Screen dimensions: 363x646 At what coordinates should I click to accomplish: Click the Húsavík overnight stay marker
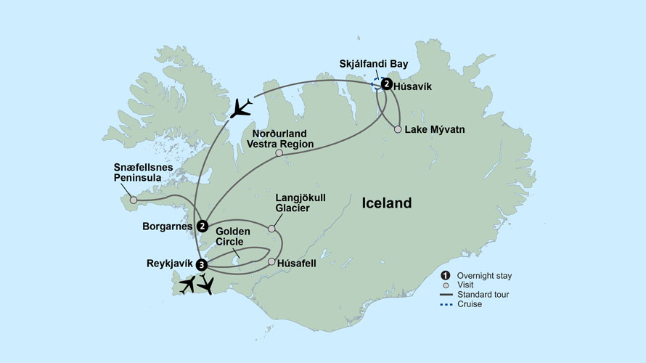[387, 84]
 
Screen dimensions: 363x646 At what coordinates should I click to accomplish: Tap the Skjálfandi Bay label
[374, 64]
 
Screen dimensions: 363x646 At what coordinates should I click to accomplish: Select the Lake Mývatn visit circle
[398, 130]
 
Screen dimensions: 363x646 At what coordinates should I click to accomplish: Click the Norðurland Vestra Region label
[282, 139]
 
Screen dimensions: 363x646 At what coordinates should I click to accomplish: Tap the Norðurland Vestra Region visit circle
[279, 153]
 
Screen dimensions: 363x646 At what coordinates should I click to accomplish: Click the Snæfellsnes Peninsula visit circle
[133, 200]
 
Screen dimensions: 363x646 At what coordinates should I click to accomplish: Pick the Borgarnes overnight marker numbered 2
[202, 226]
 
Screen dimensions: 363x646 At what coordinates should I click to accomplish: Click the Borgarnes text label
[168, 226]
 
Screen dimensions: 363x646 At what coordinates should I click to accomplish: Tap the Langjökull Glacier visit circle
[272, 229]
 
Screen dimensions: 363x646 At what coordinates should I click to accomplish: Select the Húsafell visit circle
[271, 262]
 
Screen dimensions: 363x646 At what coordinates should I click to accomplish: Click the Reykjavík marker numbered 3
[202, 264]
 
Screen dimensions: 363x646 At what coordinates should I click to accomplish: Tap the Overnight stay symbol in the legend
[445, 275]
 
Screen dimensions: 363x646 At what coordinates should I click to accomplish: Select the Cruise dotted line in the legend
[445, 304]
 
